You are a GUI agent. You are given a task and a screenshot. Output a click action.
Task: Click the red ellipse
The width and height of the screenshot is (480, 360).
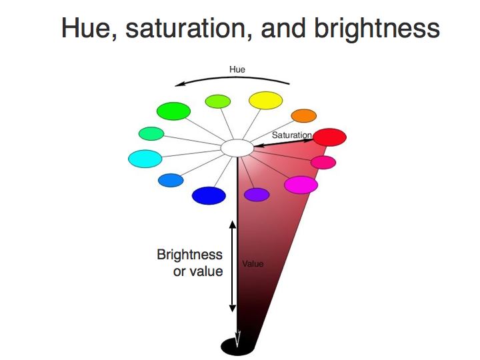(330, 137)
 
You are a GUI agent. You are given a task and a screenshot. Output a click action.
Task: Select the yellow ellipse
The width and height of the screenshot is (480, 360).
(266, 101)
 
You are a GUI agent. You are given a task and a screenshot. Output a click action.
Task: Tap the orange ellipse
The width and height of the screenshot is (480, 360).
(304, 116)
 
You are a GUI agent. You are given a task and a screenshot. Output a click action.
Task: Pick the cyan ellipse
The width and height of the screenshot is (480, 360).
(145, 159)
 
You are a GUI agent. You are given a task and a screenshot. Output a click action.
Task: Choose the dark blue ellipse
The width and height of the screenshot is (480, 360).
(209, 195)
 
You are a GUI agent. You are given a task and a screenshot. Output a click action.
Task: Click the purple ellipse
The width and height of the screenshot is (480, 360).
(257, 195)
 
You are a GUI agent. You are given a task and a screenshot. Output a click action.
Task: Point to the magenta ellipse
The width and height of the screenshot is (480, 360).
(301, 185)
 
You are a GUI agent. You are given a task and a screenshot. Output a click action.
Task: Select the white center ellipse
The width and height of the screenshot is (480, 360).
(237, 148)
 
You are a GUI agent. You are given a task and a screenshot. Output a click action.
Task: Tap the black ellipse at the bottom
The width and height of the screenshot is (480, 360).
(238, 347)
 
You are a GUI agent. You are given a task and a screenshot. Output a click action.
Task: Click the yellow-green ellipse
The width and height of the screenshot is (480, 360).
(218, 101)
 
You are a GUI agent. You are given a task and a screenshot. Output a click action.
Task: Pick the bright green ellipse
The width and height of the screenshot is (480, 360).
(173, 111)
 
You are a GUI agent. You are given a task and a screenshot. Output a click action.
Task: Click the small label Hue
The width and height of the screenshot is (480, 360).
(237, 69)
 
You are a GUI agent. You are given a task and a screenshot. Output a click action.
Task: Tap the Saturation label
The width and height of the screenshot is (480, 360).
(292, 135)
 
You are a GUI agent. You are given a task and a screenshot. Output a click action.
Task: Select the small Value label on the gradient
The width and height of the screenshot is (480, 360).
(253, 263)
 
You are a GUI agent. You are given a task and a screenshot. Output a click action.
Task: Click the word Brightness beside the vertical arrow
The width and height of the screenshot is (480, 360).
(189, 255)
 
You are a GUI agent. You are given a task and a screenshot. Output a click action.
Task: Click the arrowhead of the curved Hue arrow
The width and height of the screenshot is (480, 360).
(180, 84)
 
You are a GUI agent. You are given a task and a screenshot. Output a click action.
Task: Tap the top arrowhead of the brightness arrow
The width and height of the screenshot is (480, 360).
(233, 225)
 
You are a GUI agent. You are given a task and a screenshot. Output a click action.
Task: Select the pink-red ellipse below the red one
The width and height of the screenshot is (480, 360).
(323, 162)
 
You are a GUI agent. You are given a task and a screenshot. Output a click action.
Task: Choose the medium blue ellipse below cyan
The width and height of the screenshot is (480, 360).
(171, 180)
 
